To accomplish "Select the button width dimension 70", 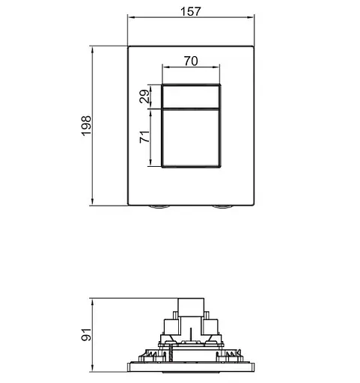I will (x=191, y=61).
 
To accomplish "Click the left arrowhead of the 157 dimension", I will (x=130, y=21).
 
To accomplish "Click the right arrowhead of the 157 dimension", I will (x=254, y=21).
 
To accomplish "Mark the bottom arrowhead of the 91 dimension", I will (x=94, y=371).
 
